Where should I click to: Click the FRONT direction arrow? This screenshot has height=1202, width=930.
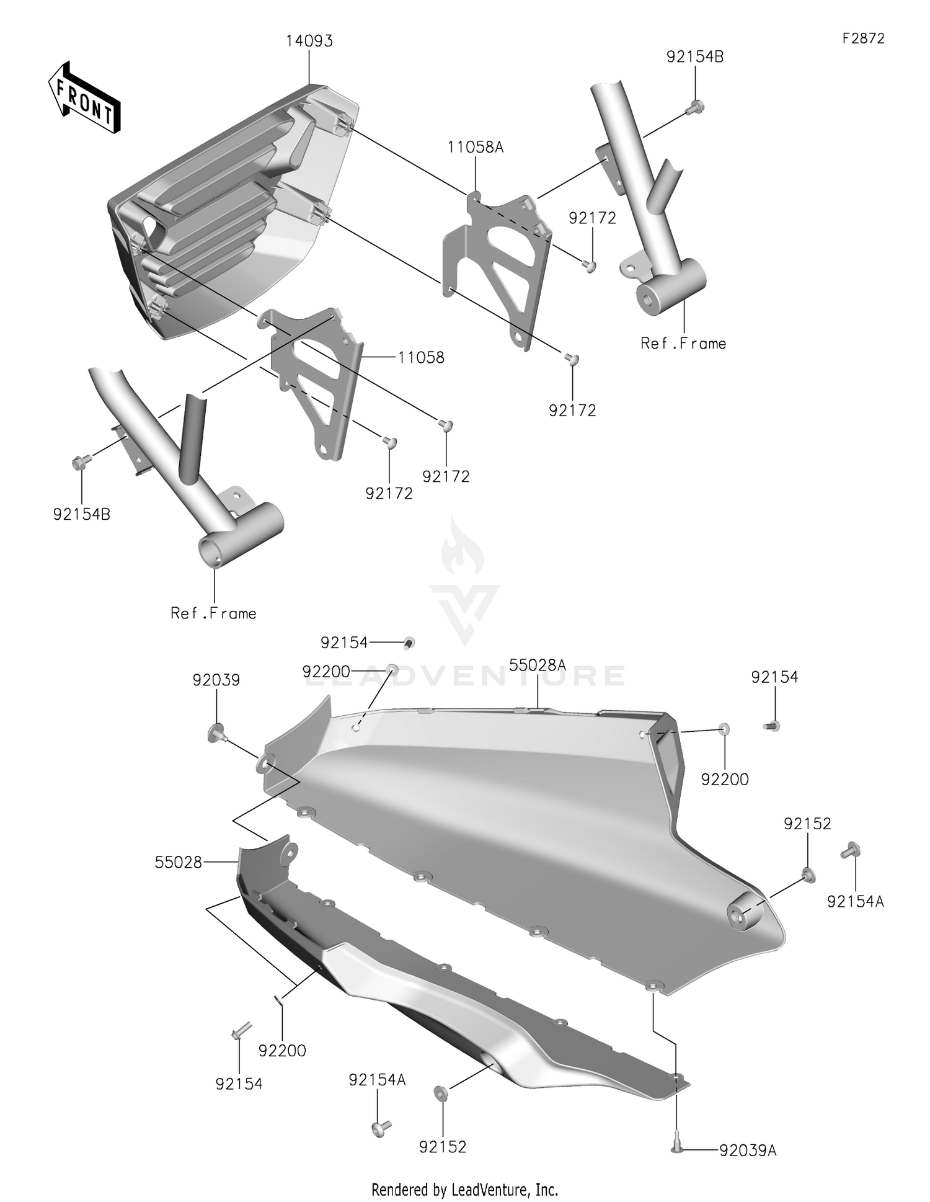[84, 97]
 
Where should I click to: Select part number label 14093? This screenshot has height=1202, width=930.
[309, 42]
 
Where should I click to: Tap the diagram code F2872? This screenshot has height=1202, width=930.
[863, 38]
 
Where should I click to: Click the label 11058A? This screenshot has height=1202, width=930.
[476, 148]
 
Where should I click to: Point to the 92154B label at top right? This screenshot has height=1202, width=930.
[694, 57]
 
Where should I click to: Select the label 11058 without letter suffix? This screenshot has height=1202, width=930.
[421, 358]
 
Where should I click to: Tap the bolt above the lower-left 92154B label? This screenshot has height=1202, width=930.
[81, 461]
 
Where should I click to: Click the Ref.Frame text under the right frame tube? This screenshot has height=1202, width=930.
[683, 344]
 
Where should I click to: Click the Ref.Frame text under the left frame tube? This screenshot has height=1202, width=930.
[213, 613]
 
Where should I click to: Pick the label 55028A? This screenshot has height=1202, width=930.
[538, 666]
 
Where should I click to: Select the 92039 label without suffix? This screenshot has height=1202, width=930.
[216, 680]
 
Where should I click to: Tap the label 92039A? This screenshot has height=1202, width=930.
[748, 1151]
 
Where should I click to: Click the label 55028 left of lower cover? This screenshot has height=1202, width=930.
[179, 862]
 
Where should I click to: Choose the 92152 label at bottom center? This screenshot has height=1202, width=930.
[442, 1147]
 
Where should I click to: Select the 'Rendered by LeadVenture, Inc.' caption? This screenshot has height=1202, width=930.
[464, 1190]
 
